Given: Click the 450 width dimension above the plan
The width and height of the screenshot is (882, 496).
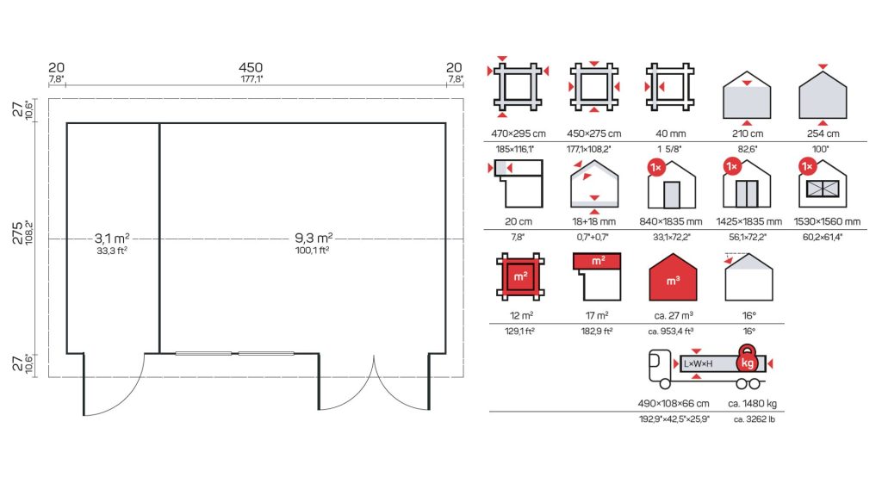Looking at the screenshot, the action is pyautogui.click(x=251, y=67).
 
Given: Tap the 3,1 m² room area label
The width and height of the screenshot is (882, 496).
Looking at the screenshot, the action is pyautogui.click(x=112, y=239).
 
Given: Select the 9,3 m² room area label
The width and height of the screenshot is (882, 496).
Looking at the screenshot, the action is pyautogui.click(x=314, y=238).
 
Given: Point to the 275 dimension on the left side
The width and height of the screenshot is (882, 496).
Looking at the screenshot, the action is pyautogui.click(x=17, y=232).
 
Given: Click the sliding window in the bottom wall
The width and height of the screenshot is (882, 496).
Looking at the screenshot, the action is pyautogui.click(x=234, y=354).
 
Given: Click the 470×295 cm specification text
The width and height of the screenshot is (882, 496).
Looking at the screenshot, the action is pyautogui.click(x=518, y=133).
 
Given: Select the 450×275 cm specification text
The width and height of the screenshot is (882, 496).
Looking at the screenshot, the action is pyautogui.click(x=594, y=133).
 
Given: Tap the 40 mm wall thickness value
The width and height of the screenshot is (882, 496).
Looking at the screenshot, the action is pyautogui.click(x=670, y=133).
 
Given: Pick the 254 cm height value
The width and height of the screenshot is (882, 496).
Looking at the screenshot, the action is pyautogui.click(x=823, y=133).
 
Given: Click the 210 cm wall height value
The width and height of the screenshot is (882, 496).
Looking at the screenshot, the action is pyautogui.click(x=748, y=133).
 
